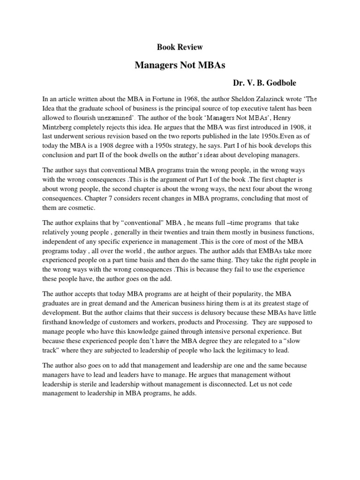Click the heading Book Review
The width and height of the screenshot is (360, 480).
coord(180,47)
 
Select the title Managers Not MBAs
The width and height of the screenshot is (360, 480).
coord(180,65)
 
